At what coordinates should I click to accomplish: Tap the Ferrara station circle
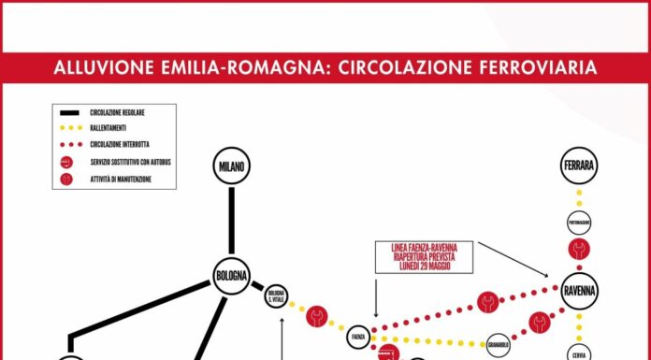click(x=579, y=167)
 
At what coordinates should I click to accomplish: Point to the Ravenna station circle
click(x=579, y=291)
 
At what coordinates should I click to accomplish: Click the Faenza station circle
click(x=357, y=334)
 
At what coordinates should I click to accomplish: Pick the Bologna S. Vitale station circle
click(x=276, y=296)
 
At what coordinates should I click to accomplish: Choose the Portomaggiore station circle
click(x=579, y=223)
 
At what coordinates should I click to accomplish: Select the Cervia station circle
click(x=579, y=353)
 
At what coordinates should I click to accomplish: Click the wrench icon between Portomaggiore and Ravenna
click(x=579, y=250)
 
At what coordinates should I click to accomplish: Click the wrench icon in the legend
click(x=66, y=179)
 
